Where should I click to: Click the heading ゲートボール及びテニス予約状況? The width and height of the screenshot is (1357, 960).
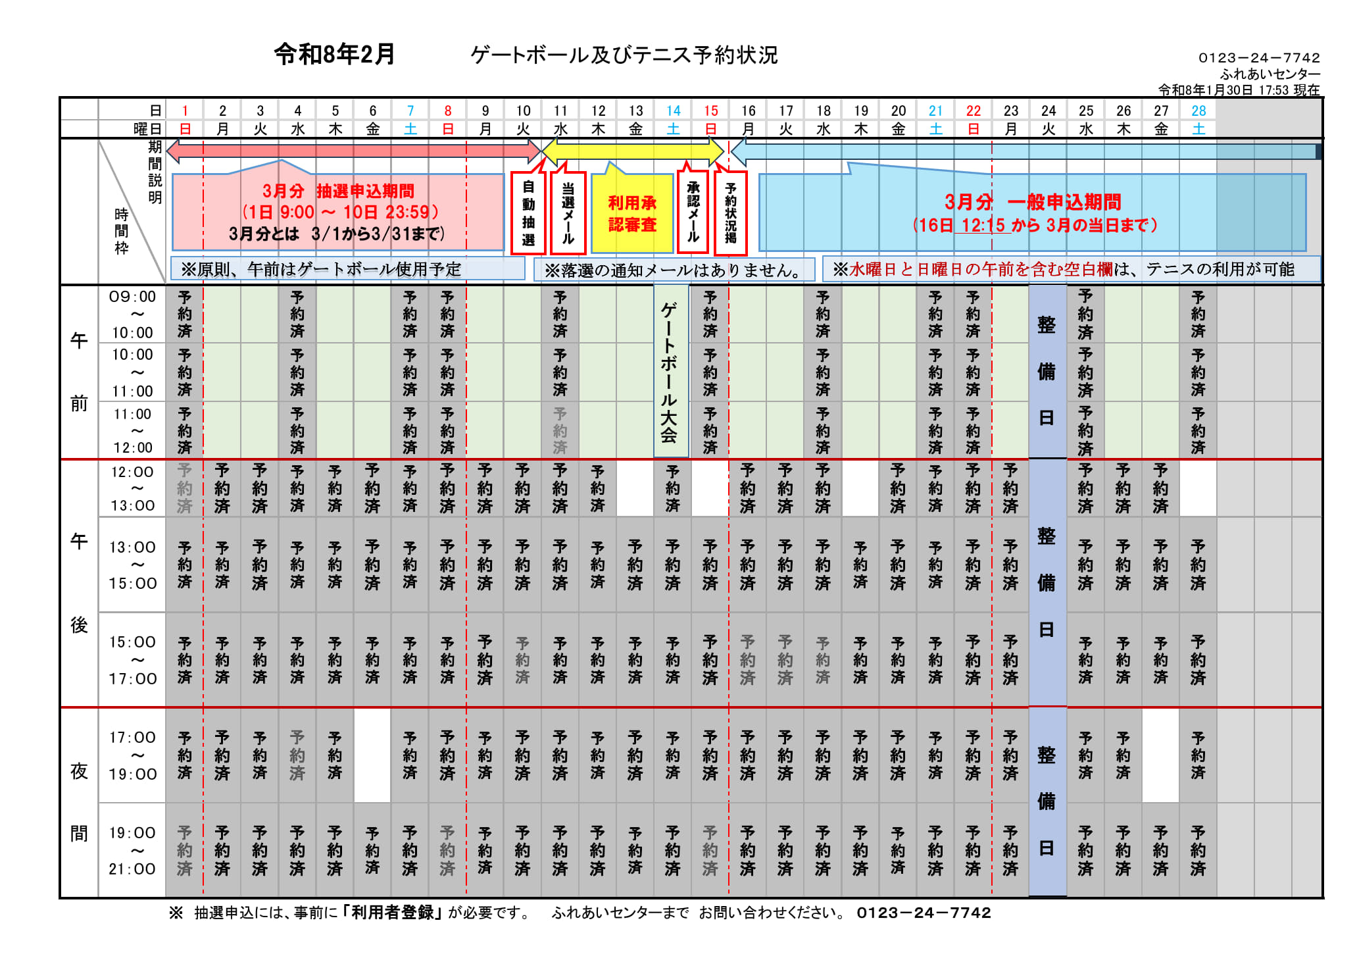coord(624,55)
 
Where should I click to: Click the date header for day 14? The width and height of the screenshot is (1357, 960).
coord(673,111)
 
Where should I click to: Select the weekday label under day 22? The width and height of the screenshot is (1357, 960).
coord(973,129)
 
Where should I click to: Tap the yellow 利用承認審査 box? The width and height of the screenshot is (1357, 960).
coord(632,213)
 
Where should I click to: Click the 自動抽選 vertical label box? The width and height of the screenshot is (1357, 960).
coord(528,213)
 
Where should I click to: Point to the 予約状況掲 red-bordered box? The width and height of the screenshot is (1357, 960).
coord(731,213)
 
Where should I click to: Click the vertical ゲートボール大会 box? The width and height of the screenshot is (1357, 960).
coord(670,371)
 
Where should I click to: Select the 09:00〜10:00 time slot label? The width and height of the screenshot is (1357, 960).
coord(132,315)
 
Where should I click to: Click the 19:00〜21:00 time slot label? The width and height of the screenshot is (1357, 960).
coord(132,850)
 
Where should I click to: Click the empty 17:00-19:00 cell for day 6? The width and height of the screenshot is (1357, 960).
coord(372,755)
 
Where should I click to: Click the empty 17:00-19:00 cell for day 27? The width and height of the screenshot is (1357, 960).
coord(1160,755)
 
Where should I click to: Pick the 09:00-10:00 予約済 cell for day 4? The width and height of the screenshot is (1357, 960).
coord(297,315)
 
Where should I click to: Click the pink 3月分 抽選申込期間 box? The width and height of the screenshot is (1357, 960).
coord(337,212)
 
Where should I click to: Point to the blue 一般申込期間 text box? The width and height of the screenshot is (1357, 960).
coord(1033,213)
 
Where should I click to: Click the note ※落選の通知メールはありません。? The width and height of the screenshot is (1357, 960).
coord(674,270)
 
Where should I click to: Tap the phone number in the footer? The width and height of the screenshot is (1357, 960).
coord(924,913)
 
